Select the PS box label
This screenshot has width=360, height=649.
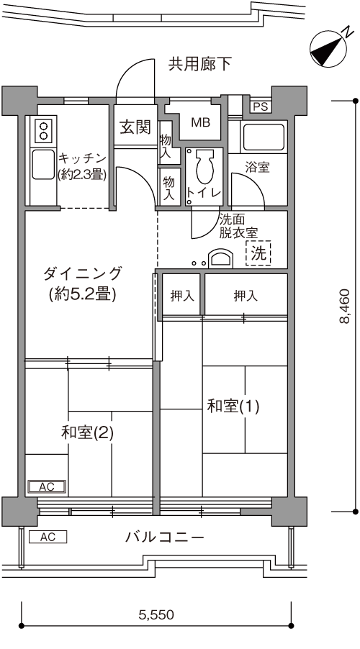click(x=260, y=107)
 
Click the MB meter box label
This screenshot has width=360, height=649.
click(x=200, y=122)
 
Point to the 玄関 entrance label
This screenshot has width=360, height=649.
click(x=135, y=128)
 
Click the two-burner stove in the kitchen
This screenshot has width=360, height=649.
click(x=43, y=131)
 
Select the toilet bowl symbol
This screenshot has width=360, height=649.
click(x=203, y=168)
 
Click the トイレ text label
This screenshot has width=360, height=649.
click(x=204, y=192)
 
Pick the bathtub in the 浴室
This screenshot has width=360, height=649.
click(x=263, y=137)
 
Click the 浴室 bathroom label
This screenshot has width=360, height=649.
click(x=257, y=168)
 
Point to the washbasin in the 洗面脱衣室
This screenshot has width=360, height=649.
click(x=220, y=259)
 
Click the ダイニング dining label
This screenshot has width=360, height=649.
click(x=82, y=283)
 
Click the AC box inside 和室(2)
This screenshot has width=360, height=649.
click(x=46, y=487)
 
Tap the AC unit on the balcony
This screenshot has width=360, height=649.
click(x=48, y=537)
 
